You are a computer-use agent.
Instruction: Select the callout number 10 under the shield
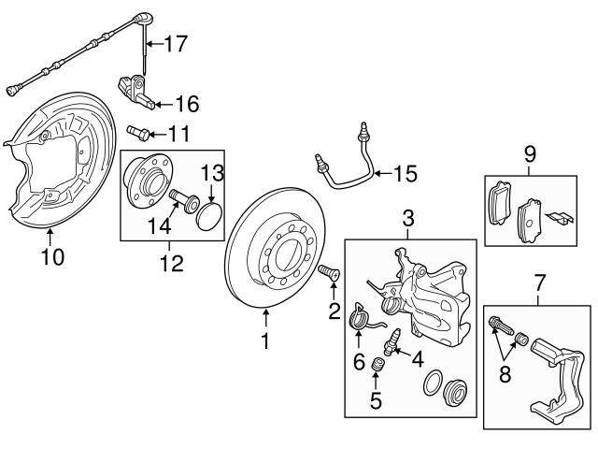point(52,255)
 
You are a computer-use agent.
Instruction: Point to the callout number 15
point(405,173)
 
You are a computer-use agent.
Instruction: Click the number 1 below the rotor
point(264,341)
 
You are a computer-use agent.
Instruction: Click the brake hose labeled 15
point(355,164)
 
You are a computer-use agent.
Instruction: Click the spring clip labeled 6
point(360,321)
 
